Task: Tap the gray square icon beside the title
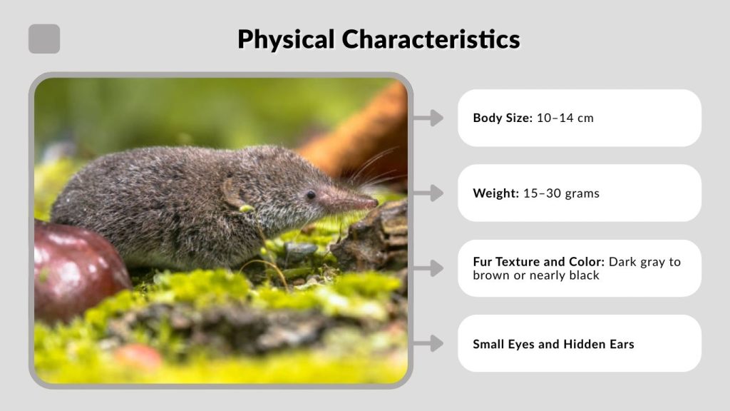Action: pos(44,39)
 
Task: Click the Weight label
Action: pos(495,193)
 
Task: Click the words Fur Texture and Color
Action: pos(539,262)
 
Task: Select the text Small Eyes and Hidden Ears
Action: pos(553,344)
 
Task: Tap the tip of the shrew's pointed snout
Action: pos(374,204)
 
